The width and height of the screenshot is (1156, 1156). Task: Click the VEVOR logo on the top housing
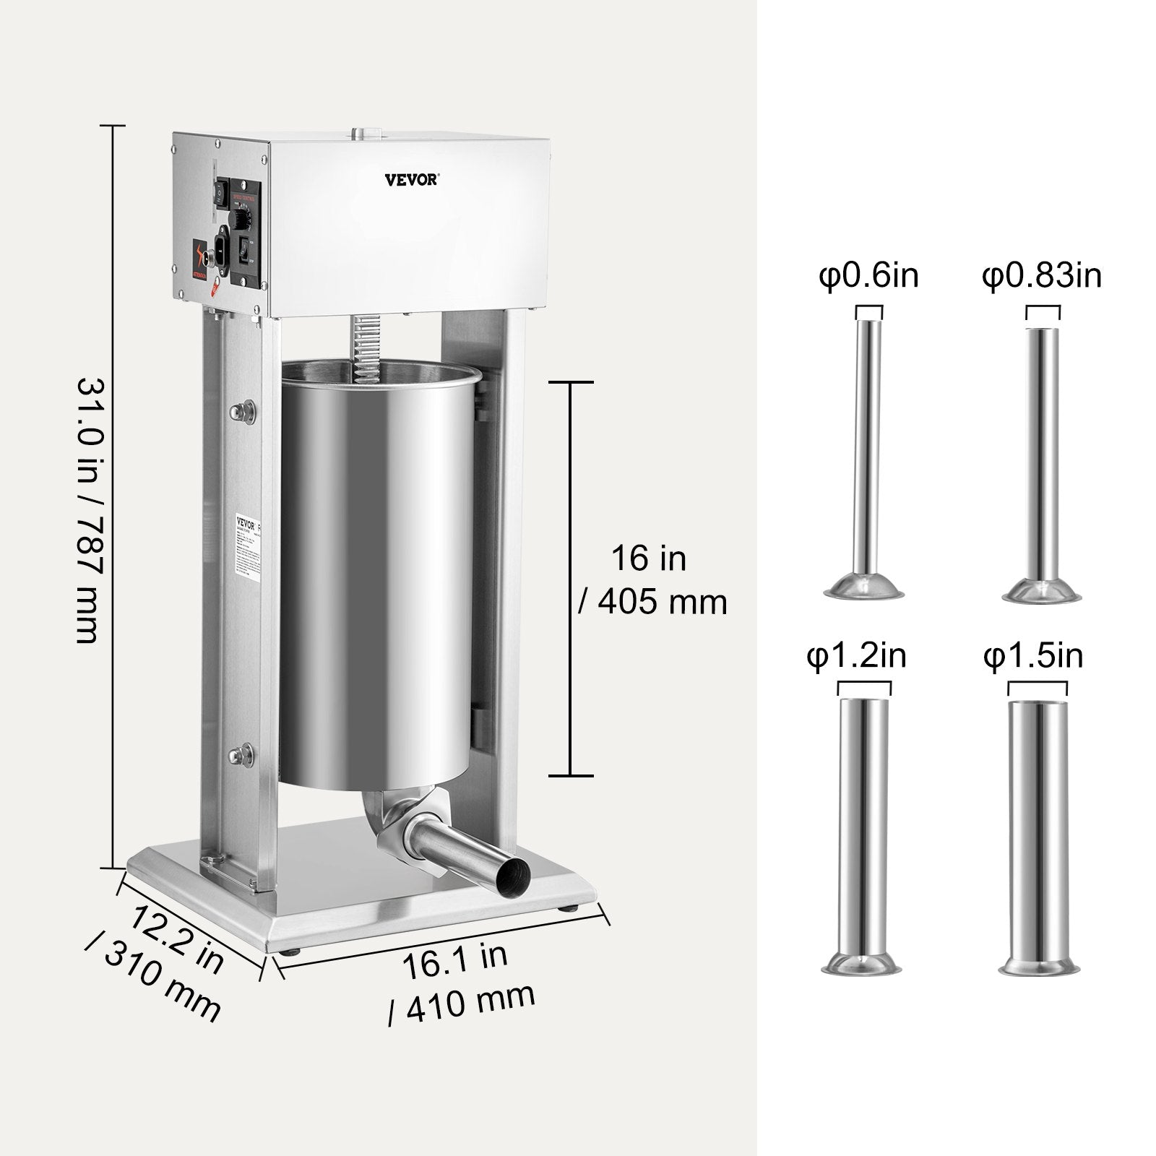(410, 179)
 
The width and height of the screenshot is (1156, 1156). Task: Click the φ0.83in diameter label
(1042, 277)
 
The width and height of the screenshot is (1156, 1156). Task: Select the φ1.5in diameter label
(1033, 657)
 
